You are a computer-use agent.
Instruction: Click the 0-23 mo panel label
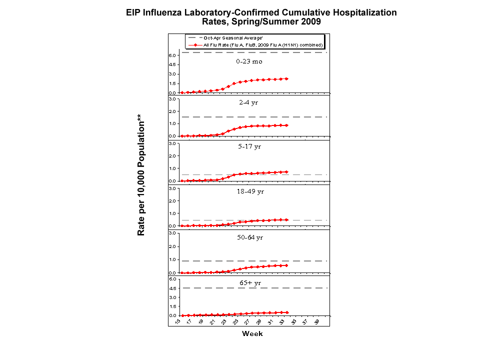tap(249, 61)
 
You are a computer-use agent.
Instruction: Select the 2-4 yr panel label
tap(249, 102)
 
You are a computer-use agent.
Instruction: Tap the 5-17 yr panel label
tap(249, 146)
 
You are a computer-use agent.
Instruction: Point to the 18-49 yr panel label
tap(249, 191)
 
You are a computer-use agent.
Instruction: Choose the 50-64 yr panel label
tap(249, 237)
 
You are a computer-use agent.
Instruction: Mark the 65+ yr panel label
tap(249, 283)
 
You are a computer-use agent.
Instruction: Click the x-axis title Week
tap(252, 333)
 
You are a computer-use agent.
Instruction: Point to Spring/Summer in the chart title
tap(260, 21)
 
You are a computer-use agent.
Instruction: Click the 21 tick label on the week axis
tap(212, 322)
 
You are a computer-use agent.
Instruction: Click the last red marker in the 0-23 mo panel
tap(286, 78)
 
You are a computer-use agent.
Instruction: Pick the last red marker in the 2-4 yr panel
tap(286, 125)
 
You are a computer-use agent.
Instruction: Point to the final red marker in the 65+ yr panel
tap(286, 312)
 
